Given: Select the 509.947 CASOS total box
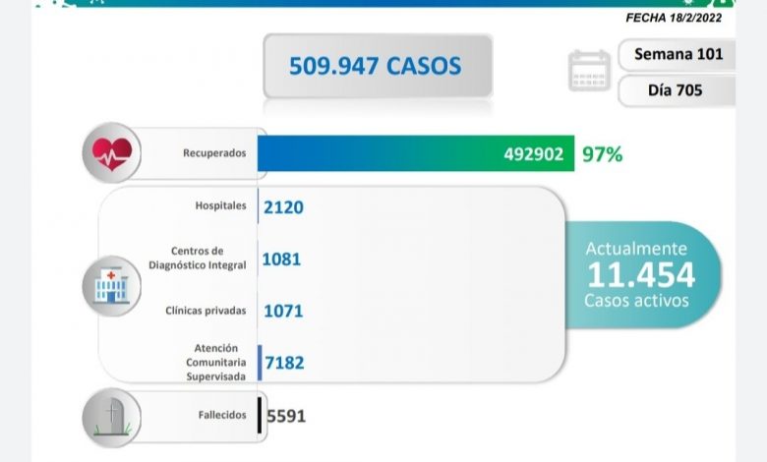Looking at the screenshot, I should [377, 66].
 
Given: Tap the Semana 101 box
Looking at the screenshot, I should [678, 54].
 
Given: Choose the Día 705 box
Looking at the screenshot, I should [678, 89].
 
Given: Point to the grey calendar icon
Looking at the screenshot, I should [589, 71].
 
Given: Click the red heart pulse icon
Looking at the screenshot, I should [111, 153].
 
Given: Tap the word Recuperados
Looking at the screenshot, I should [214, 154].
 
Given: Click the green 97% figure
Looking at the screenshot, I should [602, 154].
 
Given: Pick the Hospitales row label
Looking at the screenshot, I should [222, 206].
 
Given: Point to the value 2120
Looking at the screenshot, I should [283, 206].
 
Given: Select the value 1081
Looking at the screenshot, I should [282, 260].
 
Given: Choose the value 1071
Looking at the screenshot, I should [283, 312].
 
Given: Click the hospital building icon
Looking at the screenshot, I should [111, 285].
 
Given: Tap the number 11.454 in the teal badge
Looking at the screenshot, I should [640, 274].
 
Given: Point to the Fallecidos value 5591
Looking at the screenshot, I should [285, 416].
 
